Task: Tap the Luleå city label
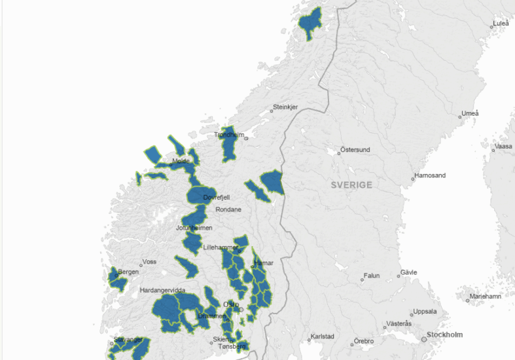(501, 24)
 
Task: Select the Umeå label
(470, 113)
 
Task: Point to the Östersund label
(357, 150)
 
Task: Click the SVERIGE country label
(351, 185)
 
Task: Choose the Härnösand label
(431, 175)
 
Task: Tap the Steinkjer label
(285, 107)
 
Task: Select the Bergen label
(128, 272)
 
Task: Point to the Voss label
(150, 261)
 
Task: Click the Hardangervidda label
(162, 290)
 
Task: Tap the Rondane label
(228, 209)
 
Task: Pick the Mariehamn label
(486, 297)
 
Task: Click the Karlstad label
(323, 336)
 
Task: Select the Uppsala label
(422, 312)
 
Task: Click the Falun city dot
(362, 279)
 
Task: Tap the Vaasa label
(503, 146)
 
